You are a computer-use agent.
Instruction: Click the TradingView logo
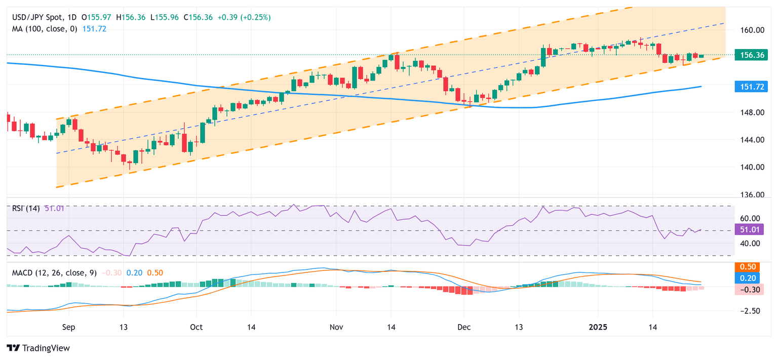point(38,348)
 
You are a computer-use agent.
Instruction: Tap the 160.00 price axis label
point(752,30)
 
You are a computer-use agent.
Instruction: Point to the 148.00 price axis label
point(752,112)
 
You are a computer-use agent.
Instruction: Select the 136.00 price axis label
point(752,195)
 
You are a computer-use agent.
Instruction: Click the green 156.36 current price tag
point(752,55)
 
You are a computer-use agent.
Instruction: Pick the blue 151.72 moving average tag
point(752,87)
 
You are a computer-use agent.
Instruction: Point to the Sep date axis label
point(68,327)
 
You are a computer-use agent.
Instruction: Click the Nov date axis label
point(336,327)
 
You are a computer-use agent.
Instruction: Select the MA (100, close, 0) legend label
point(45,29)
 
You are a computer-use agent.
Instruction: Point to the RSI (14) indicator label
point(26,209)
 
